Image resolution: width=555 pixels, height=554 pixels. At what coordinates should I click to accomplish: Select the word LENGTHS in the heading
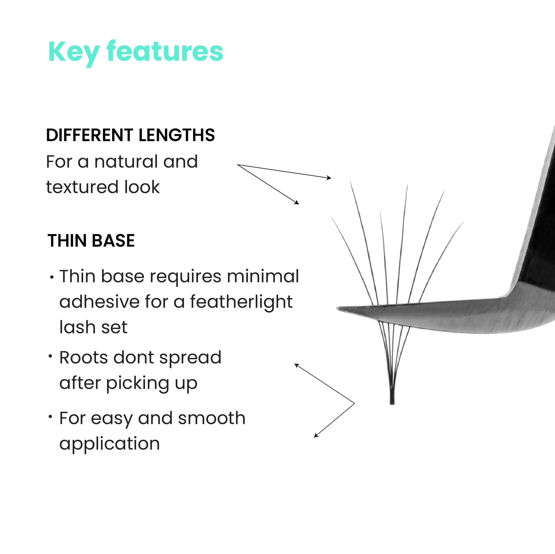point(177,135)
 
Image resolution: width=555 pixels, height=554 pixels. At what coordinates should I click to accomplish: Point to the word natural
point(126,161)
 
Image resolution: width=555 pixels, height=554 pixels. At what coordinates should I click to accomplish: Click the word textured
point(82,187)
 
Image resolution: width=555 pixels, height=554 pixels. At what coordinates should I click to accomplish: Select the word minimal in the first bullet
point(263,276)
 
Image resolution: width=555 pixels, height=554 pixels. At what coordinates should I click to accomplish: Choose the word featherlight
point(241,302)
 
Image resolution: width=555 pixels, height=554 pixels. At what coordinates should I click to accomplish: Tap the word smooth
point(212,418)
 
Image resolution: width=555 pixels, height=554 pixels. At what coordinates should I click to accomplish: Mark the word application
point(110,444)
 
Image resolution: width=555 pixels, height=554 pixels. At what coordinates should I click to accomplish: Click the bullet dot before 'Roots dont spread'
point(50,356)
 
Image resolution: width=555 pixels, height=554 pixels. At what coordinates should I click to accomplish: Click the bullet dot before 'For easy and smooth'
point(50,417)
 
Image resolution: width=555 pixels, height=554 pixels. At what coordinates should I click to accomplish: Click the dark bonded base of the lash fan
point(392,397)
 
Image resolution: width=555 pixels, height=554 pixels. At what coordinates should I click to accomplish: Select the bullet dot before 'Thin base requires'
point(52,278)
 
